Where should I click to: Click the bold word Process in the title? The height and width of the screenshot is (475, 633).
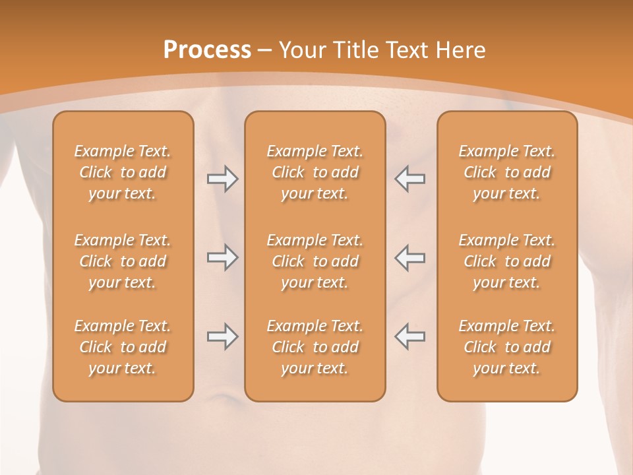click(x=207, y=50)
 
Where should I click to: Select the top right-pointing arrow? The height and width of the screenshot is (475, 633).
click(x=222, y=179)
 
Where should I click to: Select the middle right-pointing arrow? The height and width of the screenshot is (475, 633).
click(x=222, y=257)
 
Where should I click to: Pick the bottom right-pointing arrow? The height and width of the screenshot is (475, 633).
click(x=222, y=336)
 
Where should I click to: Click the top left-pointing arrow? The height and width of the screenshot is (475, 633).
click(x=410, y=179)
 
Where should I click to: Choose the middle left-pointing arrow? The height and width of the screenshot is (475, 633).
click(x=410, y=257)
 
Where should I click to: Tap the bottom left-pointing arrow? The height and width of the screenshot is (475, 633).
click(x=410, y=336)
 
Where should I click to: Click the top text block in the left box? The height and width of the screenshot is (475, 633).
click(x=123, y=172)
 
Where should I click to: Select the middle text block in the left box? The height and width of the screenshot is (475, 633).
click(x=123, y=261)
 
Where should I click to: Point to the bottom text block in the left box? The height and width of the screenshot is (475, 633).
click(x=123, y=347)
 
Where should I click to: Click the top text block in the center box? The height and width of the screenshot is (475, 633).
click(x=315, y=172)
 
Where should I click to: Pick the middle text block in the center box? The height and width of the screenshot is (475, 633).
click(x=315, y=261)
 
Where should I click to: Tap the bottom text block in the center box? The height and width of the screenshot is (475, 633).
click(x=315, y=347)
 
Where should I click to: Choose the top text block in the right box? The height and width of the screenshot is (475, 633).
click(x=507, y=172)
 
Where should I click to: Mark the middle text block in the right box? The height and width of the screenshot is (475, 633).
click(x=507, y=261)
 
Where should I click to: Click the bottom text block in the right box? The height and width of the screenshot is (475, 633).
click(x=507, y=347)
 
